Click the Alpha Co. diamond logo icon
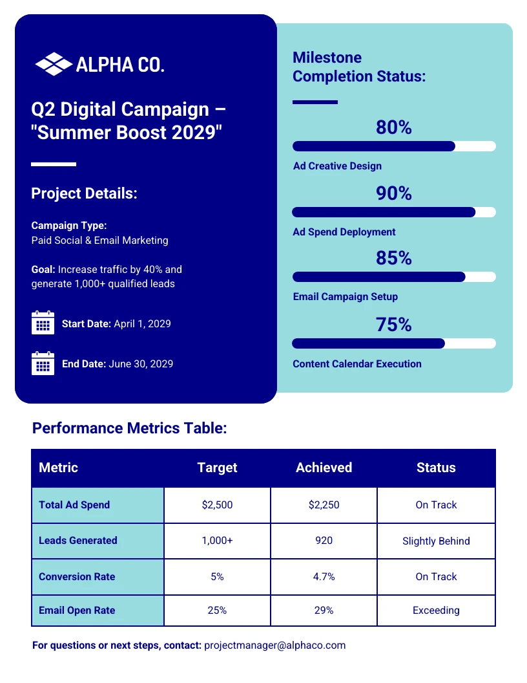point(53,64)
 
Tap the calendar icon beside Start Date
point(43,323)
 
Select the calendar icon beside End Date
point(43,363)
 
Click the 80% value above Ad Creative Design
point(394,128)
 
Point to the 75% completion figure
point(394,325)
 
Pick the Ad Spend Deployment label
point(344,232)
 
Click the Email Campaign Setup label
point(346,297)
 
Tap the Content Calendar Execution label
point(357,364)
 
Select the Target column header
point(217,468)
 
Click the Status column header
point(436,468)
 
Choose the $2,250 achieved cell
point(324,505)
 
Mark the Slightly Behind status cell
point(436,541)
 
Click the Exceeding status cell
point(436,610)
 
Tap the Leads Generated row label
point(78,541)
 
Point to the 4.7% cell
point(324,576)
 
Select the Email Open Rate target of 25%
point(217,610)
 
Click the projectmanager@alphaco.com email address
point(275,645)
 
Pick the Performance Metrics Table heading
point(130,428)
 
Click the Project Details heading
point(84,193)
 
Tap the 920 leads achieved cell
point(324,541)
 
